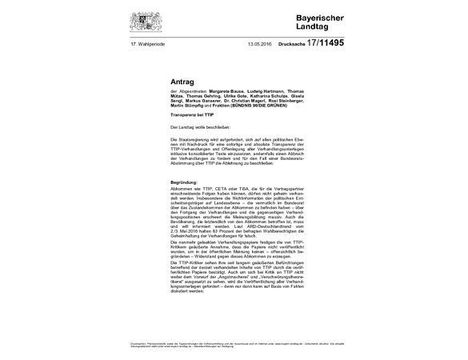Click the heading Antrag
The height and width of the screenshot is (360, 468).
[x=182, y=82]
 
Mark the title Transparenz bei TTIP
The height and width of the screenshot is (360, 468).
[x=194, y=116]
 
